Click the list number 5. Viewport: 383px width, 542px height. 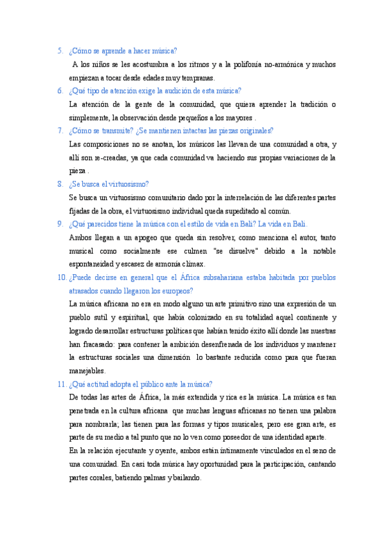point(60,51)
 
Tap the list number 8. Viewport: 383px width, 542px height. point(60,184)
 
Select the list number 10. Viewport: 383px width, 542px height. point(62,277)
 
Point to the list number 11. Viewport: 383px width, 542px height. point(62,384)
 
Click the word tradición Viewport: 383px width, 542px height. point(309,104)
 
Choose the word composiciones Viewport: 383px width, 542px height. point(115,144)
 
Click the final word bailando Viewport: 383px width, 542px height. point(185,477)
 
